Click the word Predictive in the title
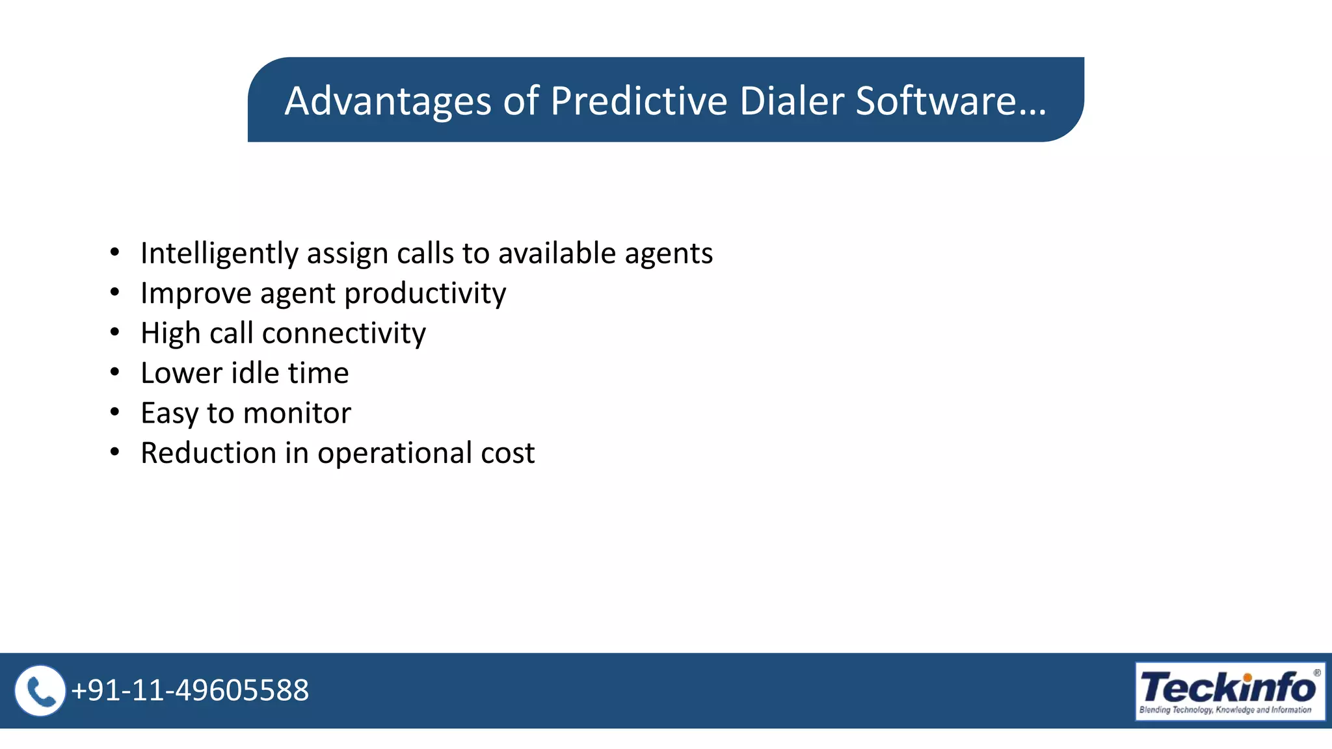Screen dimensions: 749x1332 tap(638, 101)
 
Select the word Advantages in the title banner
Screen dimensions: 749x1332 tap(388, 101)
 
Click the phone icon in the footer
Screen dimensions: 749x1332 tap(40, 690)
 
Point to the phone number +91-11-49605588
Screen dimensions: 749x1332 tap(190, 690)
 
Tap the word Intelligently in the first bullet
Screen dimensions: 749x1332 tap(219, 254)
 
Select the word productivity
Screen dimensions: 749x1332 tap(425, 294)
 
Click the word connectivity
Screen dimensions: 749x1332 tap(343, 334)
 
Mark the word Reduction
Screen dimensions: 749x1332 tap(208, 453)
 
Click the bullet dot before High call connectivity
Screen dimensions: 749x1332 tap(115, 332)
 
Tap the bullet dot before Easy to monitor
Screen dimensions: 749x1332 tap(115, 412)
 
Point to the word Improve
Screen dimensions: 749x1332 tap(196, 294)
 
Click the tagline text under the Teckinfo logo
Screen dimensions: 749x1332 tap(1225, 710)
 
